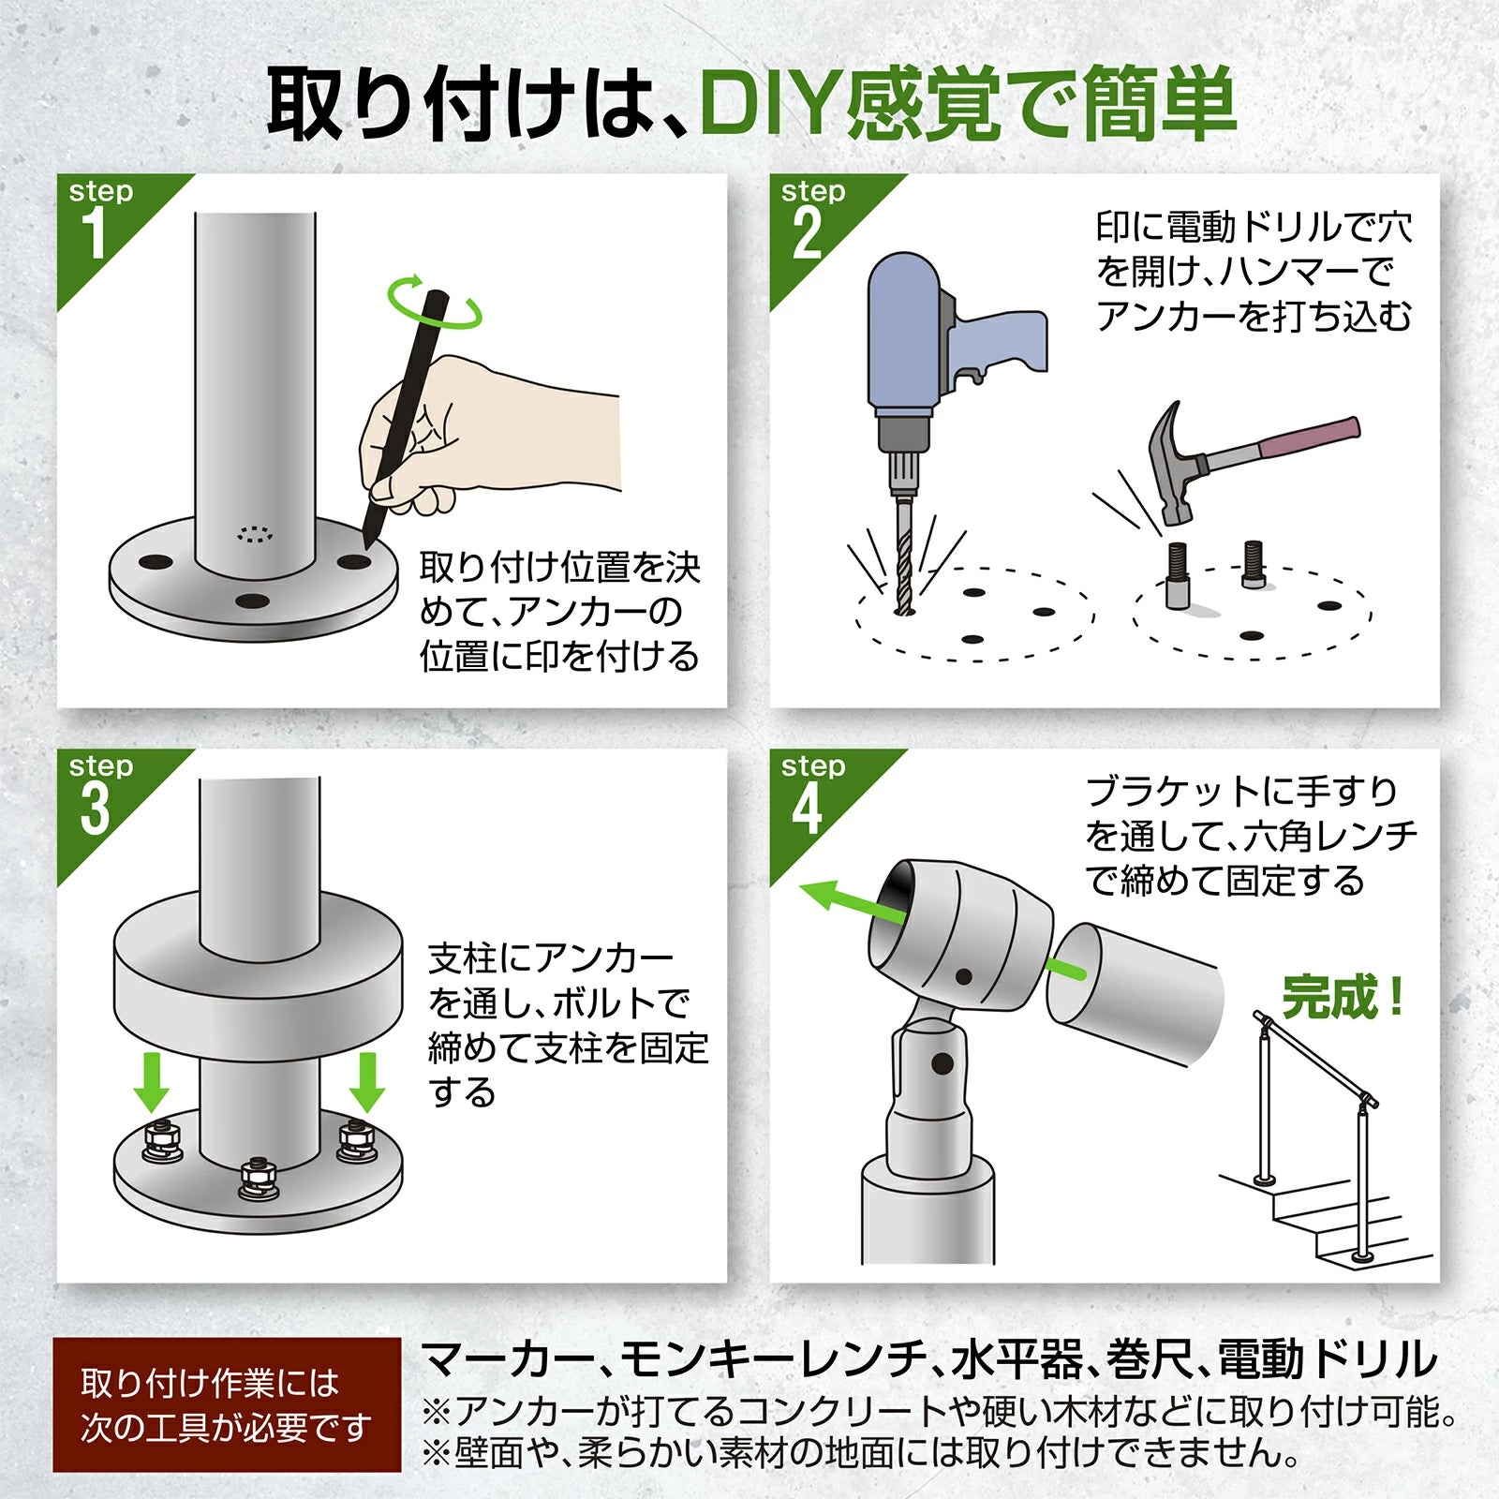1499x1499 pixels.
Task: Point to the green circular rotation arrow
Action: pyautogui.click(x=434, y=303)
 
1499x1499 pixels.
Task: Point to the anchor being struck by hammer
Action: pyautogui.click(x=1178, y=576)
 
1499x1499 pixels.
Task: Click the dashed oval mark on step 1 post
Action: pyautogui.click(x=255, y=534)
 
